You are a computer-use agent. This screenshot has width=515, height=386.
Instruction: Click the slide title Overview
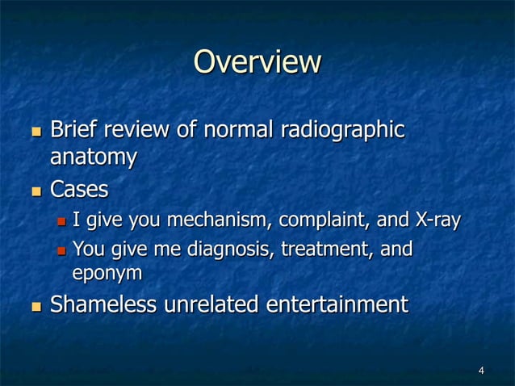coord(257,62)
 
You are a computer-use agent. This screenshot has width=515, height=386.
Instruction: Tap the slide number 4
coord(481,371)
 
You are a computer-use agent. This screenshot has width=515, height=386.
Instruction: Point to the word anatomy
coord(93,158)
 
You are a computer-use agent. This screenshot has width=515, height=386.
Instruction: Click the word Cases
coord(79,191)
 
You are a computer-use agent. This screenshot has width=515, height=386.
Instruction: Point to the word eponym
coord(107,274)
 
